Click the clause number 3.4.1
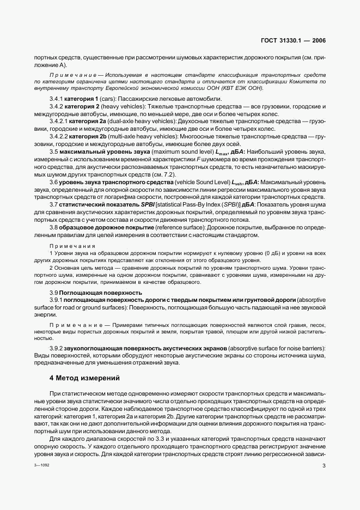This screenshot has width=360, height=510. point(57,98)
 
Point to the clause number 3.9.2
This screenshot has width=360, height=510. point(57,348)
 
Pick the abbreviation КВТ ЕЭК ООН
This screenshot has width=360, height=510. point(241,87)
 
